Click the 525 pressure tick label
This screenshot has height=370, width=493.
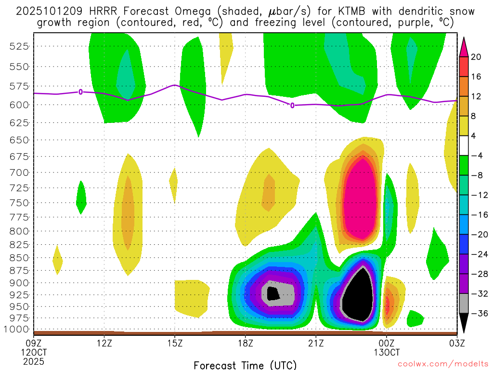(x=19, y=46)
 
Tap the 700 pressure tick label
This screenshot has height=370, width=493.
(x=19, y=172)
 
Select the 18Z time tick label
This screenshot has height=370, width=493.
(x=245, y=343)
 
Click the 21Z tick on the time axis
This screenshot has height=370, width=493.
(x=316, y=343)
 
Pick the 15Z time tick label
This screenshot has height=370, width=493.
(x=175, y=343)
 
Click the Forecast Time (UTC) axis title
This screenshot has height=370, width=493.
(x=245, y=365)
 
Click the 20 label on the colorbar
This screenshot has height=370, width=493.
(x=476, y=57)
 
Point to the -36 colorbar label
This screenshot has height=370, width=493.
(x=479, y=314)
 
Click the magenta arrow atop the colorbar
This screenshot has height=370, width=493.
(x=464, y=46)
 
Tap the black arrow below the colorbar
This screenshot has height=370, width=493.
(x=464, y=323)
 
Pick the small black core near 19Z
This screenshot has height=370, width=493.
(x=273, y=293)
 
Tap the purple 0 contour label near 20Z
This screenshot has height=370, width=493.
(x=292, y=105)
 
